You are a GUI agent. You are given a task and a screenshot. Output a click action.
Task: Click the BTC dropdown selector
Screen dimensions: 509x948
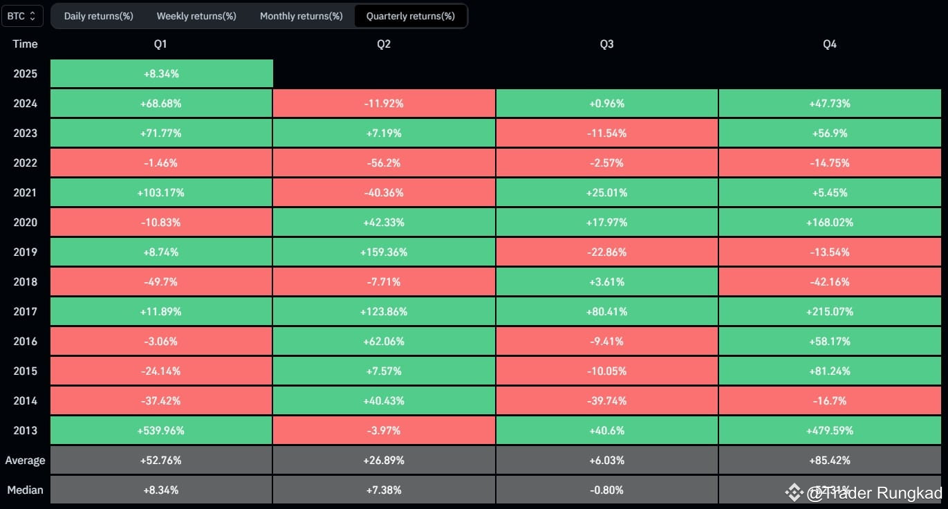coord(22,16)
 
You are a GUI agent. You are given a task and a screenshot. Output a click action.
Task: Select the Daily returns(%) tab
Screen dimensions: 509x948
coord(98,16)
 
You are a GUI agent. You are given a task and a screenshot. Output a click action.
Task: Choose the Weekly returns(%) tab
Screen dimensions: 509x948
coord(196,16)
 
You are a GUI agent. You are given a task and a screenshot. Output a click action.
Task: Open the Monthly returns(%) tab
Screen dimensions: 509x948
coord(301,16)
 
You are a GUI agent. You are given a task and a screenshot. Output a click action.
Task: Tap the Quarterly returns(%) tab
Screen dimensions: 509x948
coord(410,16)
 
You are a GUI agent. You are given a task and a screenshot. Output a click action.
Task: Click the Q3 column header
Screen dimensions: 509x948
coord(606,44)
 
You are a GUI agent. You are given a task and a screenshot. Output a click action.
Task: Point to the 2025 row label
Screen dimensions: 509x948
coord(25,74)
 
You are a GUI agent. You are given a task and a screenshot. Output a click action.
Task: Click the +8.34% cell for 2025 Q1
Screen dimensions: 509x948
coord(162,74)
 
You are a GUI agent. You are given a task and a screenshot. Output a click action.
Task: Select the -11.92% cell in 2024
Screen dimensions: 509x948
coord(384,104)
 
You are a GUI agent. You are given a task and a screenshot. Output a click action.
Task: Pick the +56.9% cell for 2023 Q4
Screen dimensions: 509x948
coord(829,133)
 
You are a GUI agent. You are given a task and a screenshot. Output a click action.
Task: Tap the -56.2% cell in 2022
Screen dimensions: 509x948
coord(384,163)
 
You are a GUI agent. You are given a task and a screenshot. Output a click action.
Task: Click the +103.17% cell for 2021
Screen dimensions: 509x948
coord(162,193)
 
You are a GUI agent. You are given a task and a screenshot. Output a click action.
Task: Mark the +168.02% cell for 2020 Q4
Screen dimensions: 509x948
coord(829,223)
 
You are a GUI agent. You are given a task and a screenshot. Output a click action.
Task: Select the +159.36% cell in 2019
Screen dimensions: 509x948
coord(384,252)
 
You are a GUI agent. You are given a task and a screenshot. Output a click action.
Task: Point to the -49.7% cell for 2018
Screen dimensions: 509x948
coord(162,282)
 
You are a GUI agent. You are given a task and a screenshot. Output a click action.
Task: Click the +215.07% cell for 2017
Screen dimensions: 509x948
coord(829,312)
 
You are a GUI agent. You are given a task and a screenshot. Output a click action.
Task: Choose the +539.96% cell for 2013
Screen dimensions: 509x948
coord(162,431)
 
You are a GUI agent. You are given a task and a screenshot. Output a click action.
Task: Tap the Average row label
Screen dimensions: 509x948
coord(25,461)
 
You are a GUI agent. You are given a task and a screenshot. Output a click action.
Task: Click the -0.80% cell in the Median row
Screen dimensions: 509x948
coord(606,490)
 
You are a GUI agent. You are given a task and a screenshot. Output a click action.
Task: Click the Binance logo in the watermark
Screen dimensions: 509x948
coord(793,492)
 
